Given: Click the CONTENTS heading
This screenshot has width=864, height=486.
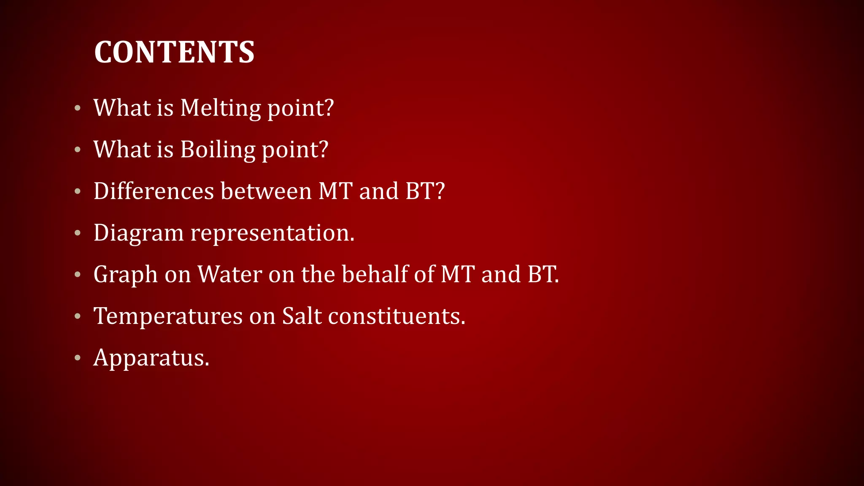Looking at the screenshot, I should (x=174, y=52).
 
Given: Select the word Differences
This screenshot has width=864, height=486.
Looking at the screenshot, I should (x=154, y=191).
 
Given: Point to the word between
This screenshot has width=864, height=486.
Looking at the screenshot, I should (x=266, y=191).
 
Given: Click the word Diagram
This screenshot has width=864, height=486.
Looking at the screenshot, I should (x=138, y=233).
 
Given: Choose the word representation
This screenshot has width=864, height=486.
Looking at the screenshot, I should (x=272, y=233).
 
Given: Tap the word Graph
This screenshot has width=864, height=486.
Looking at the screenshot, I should (x=125, y=275).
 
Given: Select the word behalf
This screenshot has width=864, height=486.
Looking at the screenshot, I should (x=375, y=275).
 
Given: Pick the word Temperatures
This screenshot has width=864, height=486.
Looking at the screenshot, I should (x=168, y=316).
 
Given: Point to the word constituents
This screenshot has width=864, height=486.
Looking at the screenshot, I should (x=397, y=316).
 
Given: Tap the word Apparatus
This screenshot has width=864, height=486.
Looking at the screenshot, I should (x=151, y=358).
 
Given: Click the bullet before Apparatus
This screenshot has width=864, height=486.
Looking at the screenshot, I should (x=77, y=358).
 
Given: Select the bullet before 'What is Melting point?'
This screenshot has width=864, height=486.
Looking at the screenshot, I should (x=77, y=108).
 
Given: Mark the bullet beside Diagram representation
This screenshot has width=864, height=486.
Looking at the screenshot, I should (x=77, y=233).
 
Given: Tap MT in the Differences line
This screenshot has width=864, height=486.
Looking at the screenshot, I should (x=335, y=191).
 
